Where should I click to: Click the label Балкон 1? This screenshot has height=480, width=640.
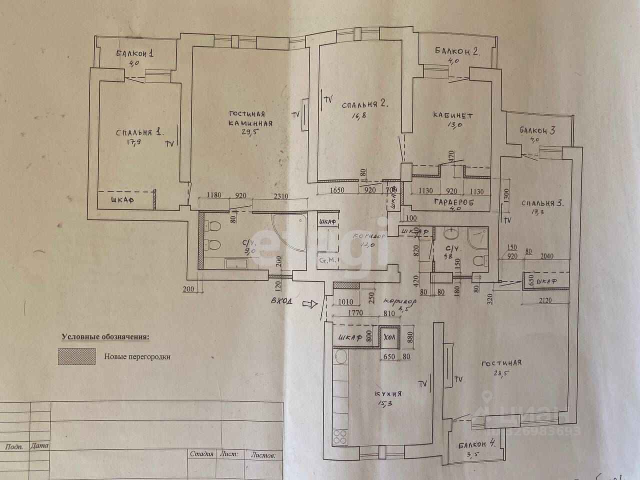[x=136, y=53]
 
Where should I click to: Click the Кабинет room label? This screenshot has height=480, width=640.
[x=453, y=115]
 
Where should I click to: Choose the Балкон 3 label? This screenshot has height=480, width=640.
[x=537, y=131]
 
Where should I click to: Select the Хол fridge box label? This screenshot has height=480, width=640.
[x=389, y=337]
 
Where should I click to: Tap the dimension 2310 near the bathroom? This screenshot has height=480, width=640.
[x=277, y=196]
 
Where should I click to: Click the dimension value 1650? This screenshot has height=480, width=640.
[x=338, y=190]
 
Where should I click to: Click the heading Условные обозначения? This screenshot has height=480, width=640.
[x=105, y=337]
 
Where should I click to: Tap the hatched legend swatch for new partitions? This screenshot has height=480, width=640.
[x=77, y=356]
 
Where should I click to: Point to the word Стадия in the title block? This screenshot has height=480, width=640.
[x=202, y=454]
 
